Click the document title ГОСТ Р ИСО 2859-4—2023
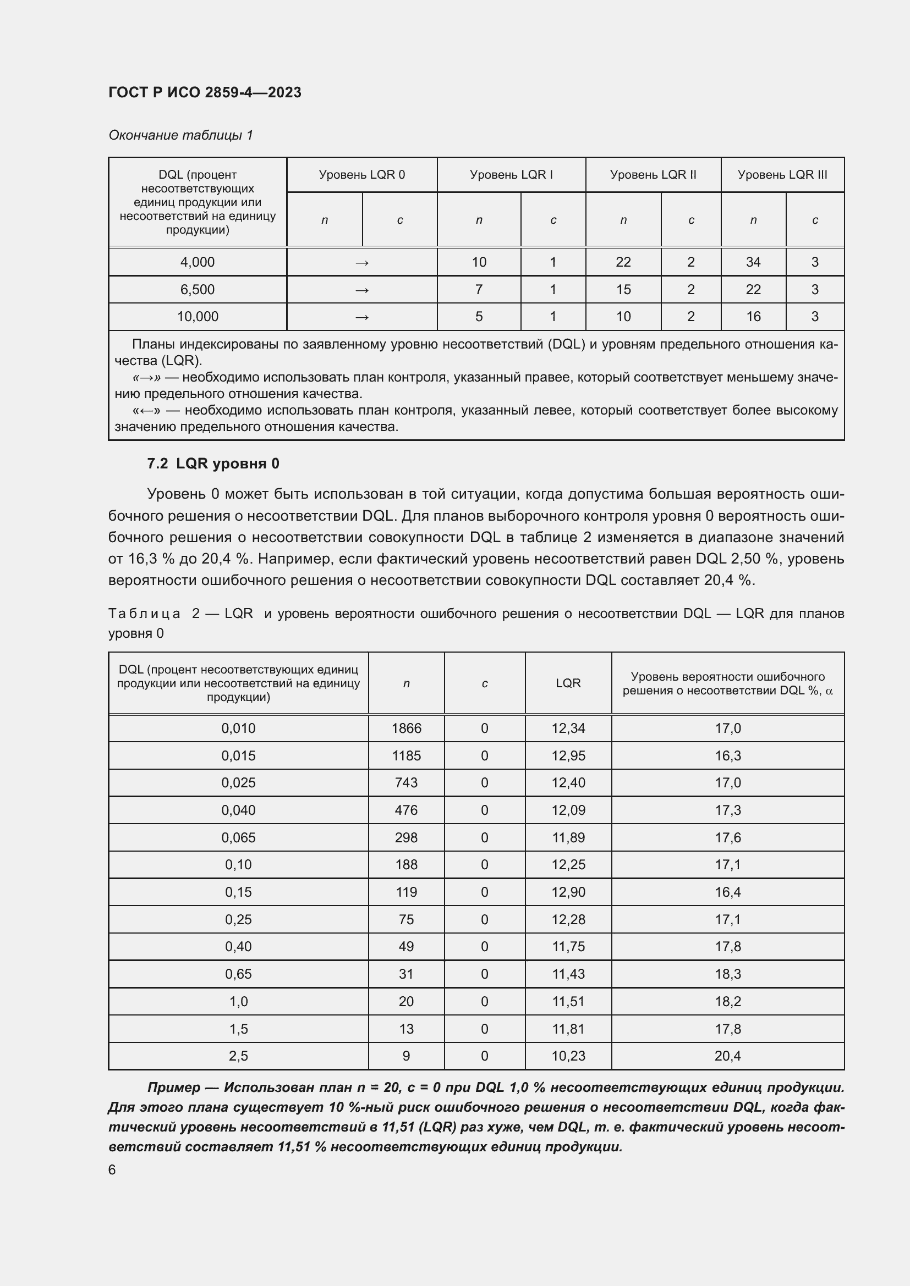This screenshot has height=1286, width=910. pos(205,92)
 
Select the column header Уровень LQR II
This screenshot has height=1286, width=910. pos(653,175)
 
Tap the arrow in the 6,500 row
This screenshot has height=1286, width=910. pos(362,290)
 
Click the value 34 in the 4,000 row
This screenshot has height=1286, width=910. pos(753,262)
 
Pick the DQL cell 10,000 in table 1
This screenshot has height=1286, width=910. pos(198,317)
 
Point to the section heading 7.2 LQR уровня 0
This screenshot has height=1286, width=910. pos(213,464)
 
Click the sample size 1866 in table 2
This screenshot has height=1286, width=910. pos(406,728)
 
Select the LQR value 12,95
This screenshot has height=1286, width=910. pos(568,755)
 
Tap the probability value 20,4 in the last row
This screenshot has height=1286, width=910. pos(727,1056)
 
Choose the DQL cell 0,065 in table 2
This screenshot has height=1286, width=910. pos(238,837)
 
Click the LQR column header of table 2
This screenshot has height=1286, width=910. pos(568,683)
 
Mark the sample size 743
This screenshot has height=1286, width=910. pos(406,782)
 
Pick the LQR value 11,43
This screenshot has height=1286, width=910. pos(568,974)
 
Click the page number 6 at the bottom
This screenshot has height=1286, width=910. pos(112,1169)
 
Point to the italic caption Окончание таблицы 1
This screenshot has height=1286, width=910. pos(180,135)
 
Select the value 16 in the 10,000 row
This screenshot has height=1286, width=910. pos(753,317)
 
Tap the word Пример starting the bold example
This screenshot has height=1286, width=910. pos(174,1088)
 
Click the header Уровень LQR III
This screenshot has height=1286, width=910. pos(782,175)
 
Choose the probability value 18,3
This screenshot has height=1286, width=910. pos(727,974)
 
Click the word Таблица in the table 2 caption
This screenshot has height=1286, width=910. pos(145,614)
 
